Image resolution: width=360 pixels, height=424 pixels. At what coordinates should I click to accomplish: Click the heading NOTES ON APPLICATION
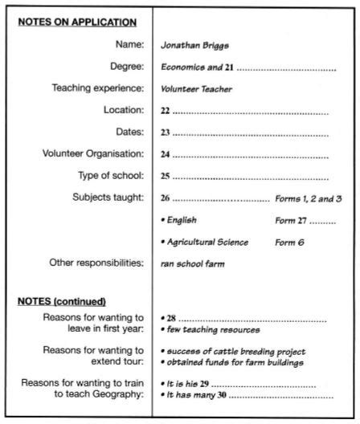coord(77,22)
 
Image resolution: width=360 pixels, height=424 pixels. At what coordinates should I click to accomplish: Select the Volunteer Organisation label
coord(93,153)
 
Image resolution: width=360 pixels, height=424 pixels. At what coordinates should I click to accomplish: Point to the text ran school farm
coord(192,263)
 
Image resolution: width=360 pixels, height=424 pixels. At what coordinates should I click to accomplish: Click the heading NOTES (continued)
coord(62,301)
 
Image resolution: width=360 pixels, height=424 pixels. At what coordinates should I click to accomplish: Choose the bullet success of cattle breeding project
coord(233,352)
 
